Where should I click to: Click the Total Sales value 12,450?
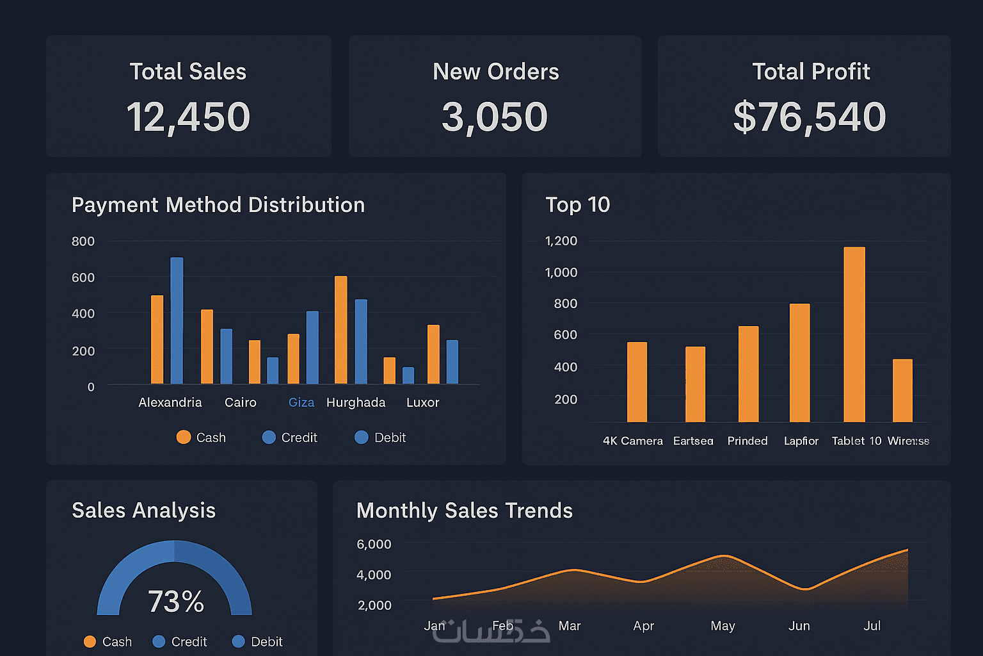pyautogui.click(x=188, y=117)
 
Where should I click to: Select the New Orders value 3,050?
pyautogui.click(x=495, y=117)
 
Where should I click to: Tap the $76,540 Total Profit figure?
pyautogui.click(x=810, y=117)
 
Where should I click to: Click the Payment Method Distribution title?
pyautogui.click(x=218, y=205)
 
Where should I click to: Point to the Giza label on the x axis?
pyautogui.click(x=301, y=402)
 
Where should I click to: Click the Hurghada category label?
pyautogui.click(x=356, y=402)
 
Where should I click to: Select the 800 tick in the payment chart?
pyautogui.click(x=83, y=242)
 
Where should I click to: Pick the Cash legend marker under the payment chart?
pyautogui.click(x=184, y=437)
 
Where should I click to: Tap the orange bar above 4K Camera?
pyautogui.click(x=637, y=382)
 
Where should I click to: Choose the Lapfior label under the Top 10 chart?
pyautogui.click(x=801, y=441)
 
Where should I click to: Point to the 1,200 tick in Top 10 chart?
pyautogui.click(x=561, y=241)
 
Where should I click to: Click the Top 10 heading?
pyautogui.click(x=577, y=205)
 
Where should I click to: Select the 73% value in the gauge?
pyautogui.click(x=176, y=602)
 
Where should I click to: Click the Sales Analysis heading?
pyautogui.click(x=144, y=511)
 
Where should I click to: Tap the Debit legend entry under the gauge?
pyautogui.click(x=257, y=641)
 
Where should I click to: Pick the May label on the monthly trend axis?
pyautogui.click(x=723, y=626)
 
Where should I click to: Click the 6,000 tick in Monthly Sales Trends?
pyautogui.click(x=374, y=545)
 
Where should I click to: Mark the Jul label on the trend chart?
pyautogui.click(x=872, y=626)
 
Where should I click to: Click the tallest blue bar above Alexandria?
pyautogui.click(x=177, y=320)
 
